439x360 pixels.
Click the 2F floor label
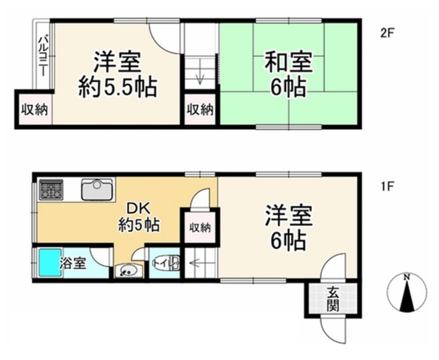tap(387, 34)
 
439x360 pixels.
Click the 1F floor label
tap(388, 186)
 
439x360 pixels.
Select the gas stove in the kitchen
tap(51, 189)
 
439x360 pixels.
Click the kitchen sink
tap(97, 190)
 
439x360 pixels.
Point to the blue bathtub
tap(50, 262)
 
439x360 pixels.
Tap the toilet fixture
tap(166, 263)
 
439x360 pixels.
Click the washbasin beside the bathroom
tap(129, 271)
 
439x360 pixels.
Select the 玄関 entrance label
tap(333, 299)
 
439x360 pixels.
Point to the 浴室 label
tap(73, 263)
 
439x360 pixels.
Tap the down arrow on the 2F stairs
tap(200, 75)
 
